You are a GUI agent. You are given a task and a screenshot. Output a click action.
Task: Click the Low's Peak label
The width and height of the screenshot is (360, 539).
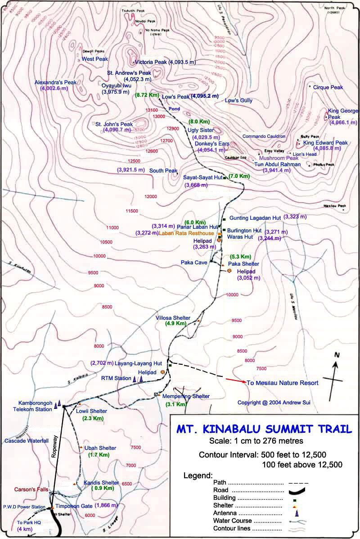pos(175,96)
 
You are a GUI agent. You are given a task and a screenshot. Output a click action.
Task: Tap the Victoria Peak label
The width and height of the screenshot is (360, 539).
pos(151,62)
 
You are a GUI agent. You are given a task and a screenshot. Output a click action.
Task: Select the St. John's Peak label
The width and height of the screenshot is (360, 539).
pos(114,124)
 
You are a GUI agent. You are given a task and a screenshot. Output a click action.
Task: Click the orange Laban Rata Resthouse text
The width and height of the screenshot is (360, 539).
pos(188,233)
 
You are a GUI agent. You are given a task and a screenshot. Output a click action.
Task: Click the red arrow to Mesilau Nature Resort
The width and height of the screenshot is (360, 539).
pos(235,380)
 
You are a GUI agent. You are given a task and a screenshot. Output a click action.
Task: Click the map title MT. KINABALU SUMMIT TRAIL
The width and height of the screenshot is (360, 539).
pos(264,428)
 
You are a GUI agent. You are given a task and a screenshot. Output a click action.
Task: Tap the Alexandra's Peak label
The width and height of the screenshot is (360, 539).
pos(55,82)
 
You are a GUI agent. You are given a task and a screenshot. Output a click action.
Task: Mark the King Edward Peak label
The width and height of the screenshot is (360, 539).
pos(325,143)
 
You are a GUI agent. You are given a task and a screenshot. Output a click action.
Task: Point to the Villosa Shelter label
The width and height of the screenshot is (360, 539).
pos(173,317)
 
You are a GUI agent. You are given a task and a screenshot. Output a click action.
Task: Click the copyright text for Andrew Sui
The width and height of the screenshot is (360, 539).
pos(274,402)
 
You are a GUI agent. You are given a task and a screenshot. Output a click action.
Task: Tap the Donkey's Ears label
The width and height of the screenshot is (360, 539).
pos(212,144)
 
